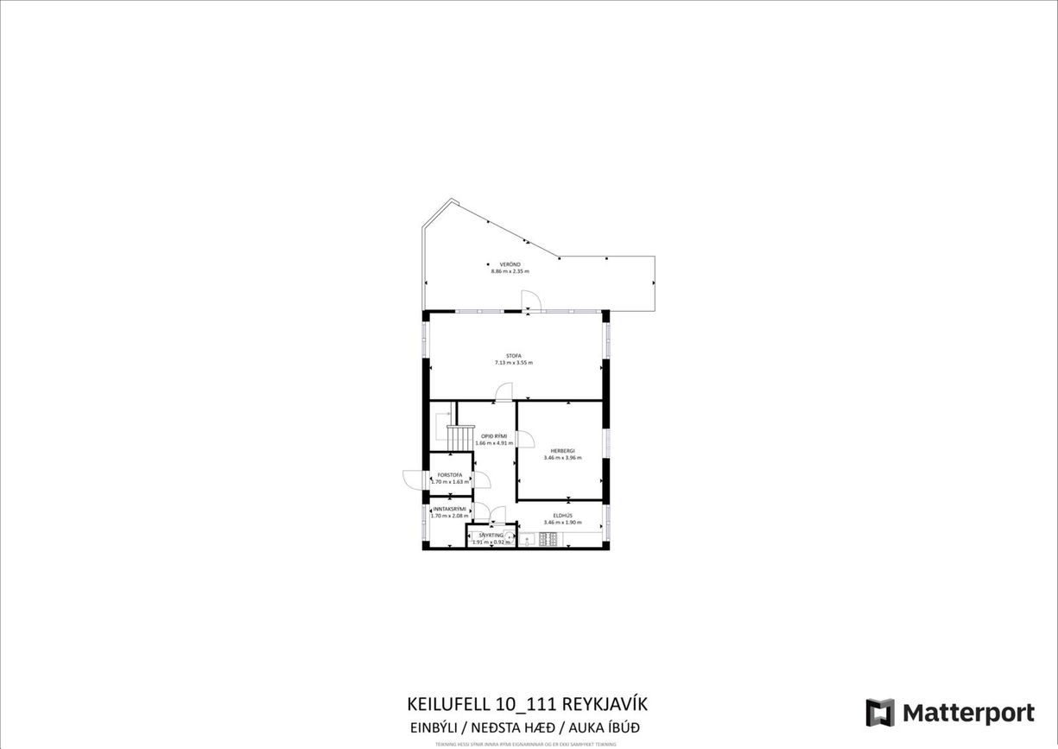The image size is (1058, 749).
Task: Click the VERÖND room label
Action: tap(509, 264)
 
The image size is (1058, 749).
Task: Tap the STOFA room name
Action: tap(514, 356)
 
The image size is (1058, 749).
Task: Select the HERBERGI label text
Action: tap(562, 451)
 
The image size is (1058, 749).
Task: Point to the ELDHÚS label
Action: tap(563, 516)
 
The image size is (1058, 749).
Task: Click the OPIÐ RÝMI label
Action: tap(493, 436)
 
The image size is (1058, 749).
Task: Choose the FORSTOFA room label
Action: tap(450, 475)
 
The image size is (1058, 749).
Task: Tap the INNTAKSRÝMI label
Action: tap(449, 509)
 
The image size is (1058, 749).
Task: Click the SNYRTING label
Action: tap(491, 536)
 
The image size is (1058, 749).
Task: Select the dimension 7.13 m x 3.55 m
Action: tap(514, 363)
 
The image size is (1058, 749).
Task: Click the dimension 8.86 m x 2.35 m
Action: tap(510, 271)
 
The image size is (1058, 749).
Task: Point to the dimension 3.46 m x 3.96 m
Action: tap(562, 458)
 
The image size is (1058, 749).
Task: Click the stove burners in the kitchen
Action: tap(548, 540)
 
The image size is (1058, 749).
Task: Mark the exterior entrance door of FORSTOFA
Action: tap(411, 478)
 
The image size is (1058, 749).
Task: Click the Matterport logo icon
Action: tap(880, 713)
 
